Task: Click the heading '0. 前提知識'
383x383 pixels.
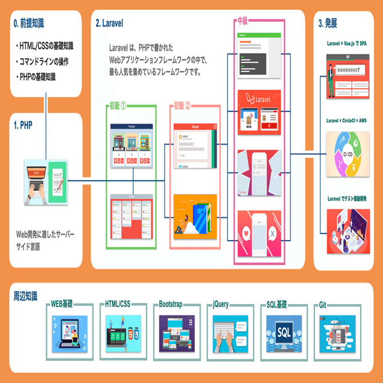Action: pyautogui.click(x=29, y=23)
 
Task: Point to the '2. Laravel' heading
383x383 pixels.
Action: pyautogui.click(x=110, y=23)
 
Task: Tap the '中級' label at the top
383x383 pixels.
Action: pyautogui.click(x=242, y=21)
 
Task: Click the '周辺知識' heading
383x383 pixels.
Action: pyautogui.click(x=26, y=296)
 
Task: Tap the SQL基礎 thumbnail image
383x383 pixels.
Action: pyautogui.click(x=285, y=332)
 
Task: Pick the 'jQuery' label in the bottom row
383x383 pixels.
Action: pyautogui.click(x=221, y=305)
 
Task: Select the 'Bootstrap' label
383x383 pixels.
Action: pyautogui.click(x=170, y=305)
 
